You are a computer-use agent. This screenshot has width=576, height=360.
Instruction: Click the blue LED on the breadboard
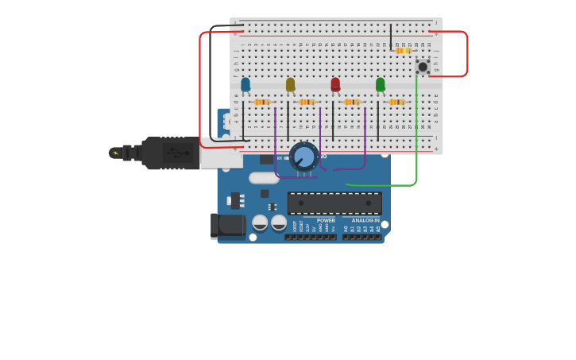click(x=245, y=83)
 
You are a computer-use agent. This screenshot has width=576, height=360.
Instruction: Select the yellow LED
click(x=291, y=83)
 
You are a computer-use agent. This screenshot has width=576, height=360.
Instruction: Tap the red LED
click(x=335, y=83)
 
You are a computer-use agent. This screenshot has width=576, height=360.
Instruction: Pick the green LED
click(x=381, y=83)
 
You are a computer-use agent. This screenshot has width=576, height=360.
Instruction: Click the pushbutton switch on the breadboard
click(x=423, y=67)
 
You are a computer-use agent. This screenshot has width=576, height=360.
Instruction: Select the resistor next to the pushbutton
click(x=403, y=51)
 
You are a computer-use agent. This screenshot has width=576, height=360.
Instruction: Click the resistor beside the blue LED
click(x=262, y=102)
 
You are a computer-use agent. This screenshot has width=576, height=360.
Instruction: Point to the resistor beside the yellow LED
click(x=307, y=102)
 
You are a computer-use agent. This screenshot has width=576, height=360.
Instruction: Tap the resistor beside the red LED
click(x=352, y=102)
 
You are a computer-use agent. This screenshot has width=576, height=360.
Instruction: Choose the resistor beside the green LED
click(x=396, y=102)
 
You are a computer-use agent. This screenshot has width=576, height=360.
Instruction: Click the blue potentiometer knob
click(x=303, y=157)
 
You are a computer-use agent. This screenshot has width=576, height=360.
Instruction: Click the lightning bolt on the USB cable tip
click(x=115, y=153)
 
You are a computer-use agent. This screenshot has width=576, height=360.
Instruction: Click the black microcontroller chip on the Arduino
click(x=334, y=203)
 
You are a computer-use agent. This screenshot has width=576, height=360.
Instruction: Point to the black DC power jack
click(x=228, y=226)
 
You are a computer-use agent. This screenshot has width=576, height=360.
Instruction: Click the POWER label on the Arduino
click(x=326, y=220)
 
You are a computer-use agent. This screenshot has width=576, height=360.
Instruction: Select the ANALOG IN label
click(x=365, y=220)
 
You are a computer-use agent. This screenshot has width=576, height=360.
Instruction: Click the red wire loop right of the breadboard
click(x=466, y=54)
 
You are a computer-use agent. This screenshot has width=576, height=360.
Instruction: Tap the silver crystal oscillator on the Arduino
click(x=264, y=178)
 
